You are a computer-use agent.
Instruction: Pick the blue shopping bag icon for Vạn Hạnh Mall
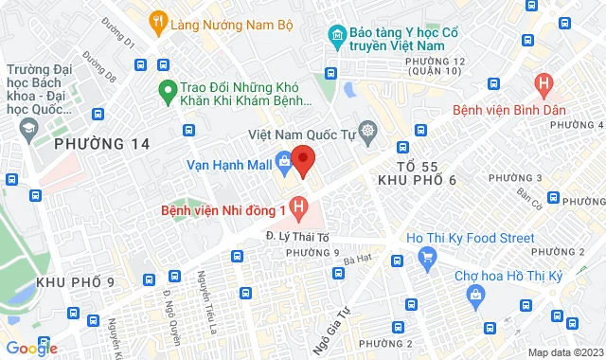pos(283,162)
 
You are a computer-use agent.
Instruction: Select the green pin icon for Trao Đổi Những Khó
pos(168,91)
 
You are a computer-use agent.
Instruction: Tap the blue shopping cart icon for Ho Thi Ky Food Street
pos(427,254)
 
